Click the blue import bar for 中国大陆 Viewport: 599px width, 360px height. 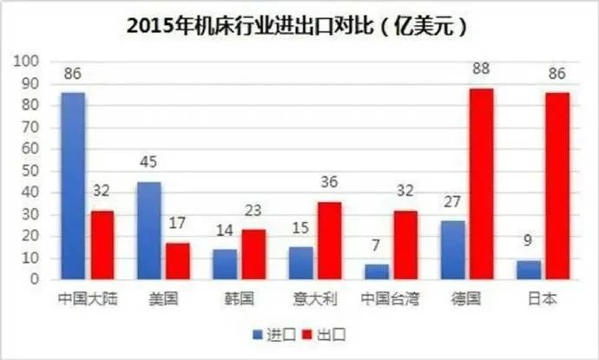[x=73, y=186]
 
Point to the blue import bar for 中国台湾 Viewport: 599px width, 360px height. [x=377, y=272]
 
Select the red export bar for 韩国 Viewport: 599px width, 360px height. [x=253, y=254]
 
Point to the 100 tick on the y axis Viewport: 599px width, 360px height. [x=29, y=62]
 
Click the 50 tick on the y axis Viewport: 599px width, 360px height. [x=32, y=171]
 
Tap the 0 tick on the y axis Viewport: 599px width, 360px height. [x=36, y=280]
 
